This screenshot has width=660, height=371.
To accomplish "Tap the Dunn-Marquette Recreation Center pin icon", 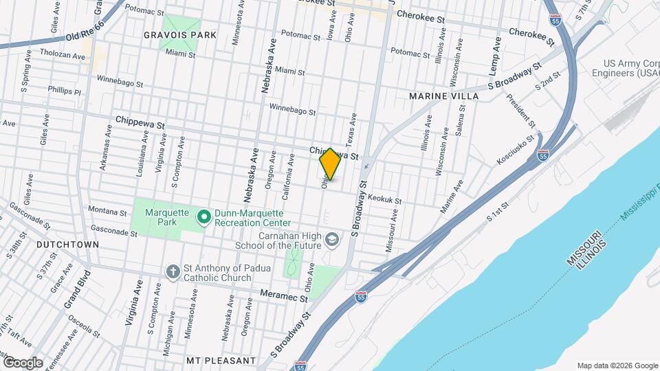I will click(203, 218).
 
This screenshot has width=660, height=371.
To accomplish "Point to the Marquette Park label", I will click(161, 217).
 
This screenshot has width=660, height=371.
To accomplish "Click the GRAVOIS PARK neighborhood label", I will click(180, 35).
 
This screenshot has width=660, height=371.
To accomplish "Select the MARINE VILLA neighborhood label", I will click(444, 96).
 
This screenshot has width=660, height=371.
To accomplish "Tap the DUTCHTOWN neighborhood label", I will click(67, 245).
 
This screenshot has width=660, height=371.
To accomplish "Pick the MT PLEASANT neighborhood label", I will click(221, 360).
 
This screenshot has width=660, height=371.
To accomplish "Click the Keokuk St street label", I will click(384, 198).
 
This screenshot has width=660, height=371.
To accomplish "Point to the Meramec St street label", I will click(283, 295).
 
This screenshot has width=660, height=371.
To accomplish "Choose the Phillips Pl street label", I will click(65, 90).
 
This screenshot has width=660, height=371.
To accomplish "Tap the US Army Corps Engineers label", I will click(628, 67).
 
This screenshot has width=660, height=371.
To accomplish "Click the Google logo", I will click(22, 363).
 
